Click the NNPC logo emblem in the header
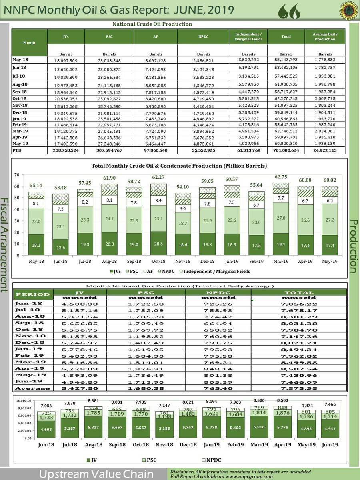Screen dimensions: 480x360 point(349,12)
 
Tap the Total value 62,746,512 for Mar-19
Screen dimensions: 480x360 point(286,130)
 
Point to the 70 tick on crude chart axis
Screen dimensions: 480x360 point(17,175)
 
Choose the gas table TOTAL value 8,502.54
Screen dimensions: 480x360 point(299,368)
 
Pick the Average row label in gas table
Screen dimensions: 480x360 point(32,388)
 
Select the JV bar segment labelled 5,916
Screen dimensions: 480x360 point(259,428)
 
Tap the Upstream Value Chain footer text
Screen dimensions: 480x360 point(96,474)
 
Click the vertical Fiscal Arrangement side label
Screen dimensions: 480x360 point(5,244)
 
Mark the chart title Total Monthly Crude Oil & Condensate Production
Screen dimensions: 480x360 point(179,165)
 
